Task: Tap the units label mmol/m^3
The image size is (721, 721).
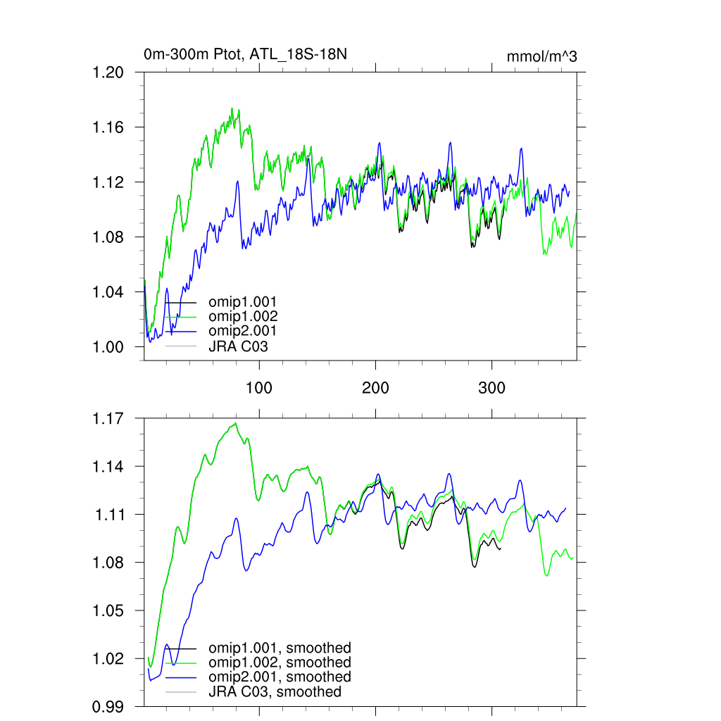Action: (541, 57)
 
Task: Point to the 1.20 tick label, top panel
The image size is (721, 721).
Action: (109, 73)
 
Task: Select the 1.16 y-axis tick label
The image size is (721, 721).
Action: (109, 127)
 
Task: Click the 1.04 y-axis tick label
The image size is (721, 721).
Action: (109, 292)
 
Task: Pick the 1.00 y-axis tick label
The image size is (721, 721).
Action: (109, 347)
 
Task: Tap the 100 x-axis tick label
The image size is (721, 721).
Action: (259, 388)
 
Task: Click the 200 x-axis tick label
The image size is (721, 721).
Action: (375, 388)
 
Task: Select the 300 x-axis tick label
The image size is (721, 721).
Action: (491, 388)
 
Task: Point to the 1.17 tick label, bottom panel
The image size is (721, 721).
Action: (109, 418)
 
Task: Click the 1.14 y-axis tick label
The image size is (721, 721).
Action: (109, 466)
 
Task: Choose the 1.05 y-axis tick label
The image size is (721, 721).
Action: (109, 610)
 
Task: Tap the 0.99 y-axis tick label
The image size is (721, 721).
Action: (109, 706)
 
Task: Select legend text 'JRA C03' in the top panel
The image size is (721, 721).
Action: (238, 346)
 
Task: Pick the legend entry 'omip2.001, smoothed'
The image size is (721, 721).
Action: (280, 677)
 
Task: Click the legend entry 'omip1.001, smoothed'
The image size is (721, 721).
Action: (280, 648)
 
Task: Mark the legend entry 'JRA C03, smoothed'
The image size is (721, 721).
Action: (275, 691)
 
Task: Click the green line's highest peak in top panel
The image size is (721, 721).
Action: (232, 108)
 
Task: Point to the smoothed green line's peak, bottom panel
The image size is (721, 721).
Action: (235, 423)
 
